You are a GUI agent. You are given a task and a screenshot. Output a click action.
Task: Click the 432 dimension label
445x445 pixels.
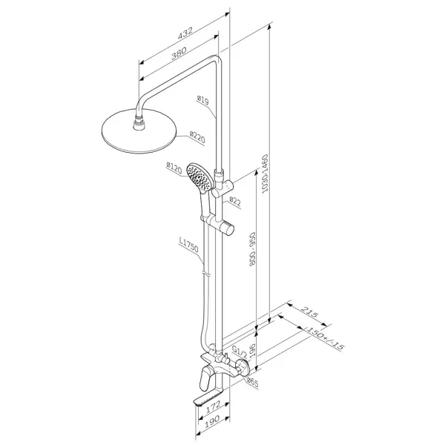pos(185,33)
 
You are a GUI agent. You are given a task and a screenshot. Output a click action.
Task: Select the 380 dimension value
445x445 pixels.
pos(179,53)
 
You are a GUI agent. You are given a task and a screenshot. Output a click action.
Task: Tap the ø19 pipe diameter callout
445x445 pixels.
pos(202,100)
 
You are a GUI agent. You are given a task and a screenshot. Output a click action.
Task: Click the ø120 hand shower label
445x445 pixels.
pos(174,168)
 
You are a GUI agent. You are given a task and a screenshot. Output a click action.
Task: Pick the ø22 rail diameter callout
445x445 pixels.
pos(234,202)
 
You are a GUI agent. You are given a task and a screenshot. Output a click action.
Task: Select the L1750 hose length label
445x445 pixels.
pos(188,245)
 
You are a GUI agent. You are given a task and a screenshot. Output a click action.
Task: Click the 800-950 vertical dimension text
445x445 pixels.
pos(252,249)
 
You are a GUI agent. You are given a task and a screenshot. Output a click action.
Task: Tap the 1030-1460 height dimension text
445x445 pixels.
pos(265,174)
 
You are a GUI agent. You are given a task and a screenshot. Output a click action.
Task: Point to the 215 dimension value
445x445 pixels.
pos(309,312)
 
